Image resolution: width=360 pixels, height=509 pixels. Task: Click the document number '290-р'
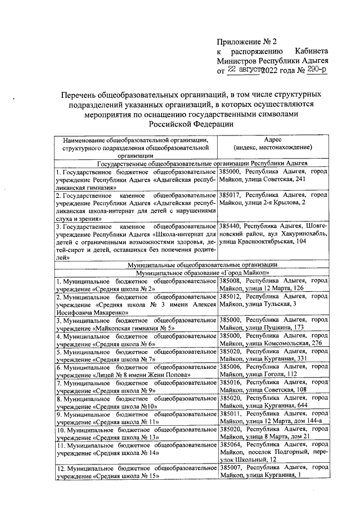tap(315, 70)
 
